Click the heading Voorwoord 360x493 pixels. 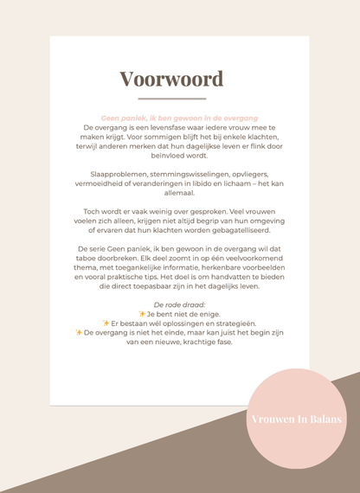pos(171,79)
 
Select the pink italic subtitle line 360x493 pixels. pos(179,118)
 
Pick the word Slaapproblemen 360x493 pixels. pos(108,174)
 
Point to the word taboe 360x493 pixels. pos(89,258)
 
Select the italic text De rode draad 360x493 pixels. pos(179,305)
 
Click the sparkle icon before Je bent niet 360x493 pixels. pos(142,314)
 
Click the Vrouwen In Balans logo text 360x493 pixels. pos(296,419)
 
